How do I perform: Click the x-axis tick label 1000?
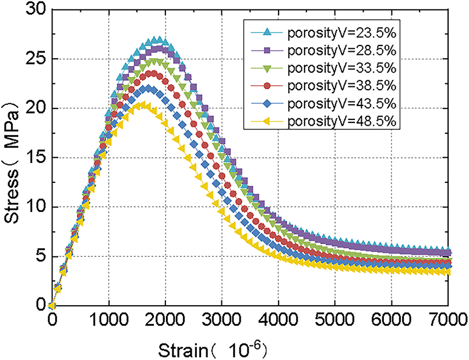(108, 319)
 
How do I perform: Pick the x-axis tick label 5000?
(334, 319)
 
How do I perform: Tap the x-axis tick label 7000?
(447, 319)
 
